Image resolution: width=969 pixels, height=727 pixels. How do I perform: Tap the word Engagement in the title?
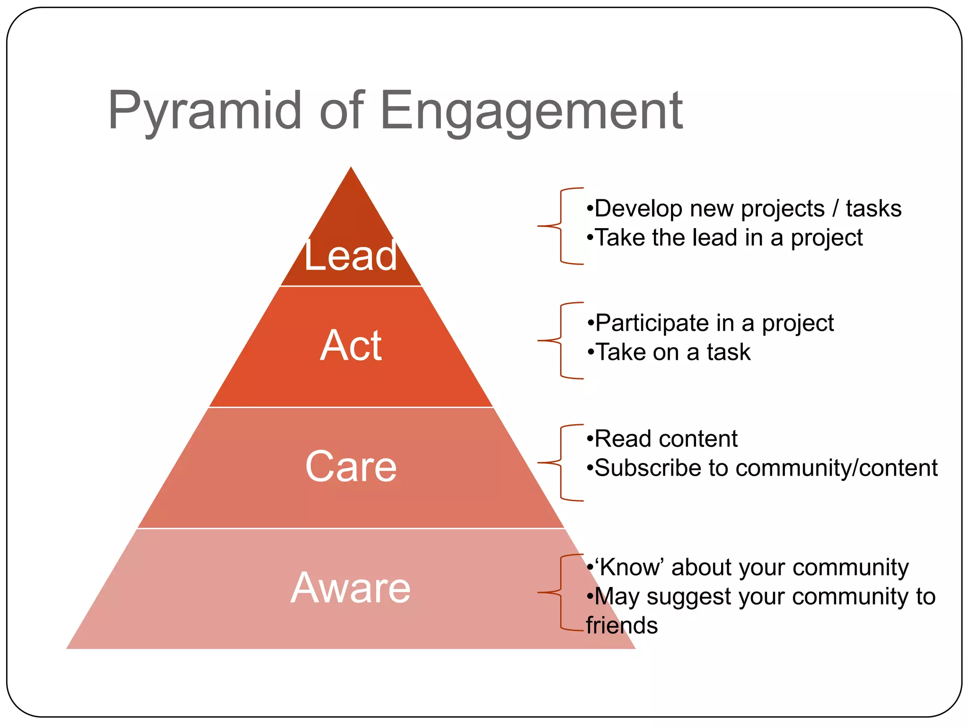[x=531, y=111]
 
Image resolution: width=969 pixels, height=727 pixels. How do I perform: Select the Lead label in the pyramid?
[x=351, y=256]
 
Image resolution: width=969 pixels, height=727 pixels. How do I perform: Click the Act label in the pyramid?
[x=351, y=346]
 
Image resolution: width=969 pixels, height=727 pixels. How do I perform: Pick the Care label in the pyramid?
[x=351, y=467]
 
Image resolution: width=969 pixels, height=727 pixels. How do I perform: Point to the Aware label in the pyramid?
[x=351, y=588]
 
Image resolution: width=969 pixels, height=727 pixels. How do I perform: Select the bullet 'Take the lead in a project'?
[x=724, y=238]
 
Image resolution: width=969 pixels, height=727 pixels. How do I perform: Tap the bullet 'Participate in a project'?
[x=710, y=323]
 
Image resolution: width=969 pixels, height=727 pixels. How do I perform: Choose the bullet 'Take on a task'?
[x=669, y=352]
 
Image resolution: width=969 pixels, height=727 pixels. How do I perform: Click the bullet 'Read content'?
[x=661, y=439]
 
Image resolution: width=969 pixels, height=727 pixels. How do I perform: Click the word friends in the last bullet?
[x=622, y=625]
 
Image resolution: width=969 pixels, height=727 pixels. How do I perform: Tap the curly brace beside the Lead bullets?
[x=561, y=226]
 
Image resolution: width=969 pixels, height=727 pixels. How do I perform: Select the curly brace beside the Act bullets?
[x=561, y=340]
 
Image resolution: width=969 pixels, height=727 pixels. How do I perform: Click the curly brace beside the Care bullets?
[x=561, y=462]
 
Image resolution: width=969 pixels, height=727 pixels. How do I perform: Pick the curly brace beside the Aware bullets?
[x=561, y=592]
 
